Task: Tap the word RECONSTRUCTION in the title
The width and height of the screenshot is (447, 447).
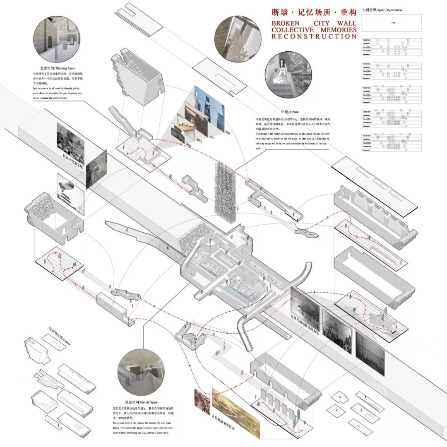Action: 314,36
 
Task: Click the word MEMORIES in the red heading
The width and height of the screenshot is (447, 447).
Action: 336,30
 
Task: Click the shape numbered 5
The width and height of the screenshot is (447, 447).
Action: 340,397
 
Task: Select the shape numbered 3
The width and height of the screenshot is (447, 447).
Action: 361,411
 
